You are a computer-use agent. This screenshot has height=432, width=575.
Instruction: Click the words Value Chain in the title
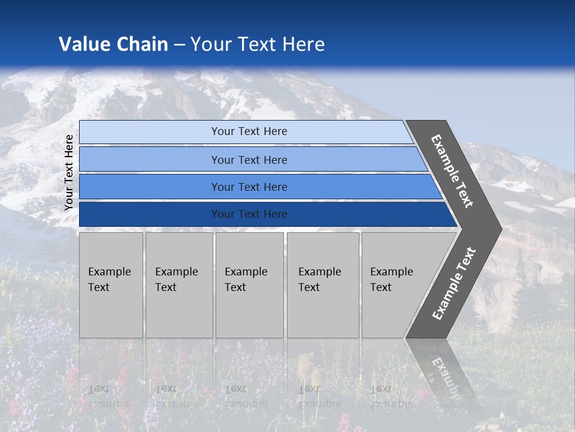[113, 44]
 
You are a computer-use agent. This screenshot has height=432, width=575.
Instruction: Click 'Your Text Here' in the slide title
[258, 44]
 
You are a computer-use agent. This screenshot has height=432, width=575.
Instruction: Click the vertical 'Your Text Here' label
[69, 172]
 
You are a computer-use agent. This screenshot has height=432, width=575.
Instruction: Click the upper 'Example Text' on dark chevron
[452, 171]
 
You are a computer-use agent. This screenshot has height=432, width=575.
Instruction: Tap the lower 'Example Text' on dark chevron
[454, 283]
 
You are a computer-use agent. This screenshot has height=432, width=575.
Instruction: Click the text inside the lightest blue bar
[249, 131]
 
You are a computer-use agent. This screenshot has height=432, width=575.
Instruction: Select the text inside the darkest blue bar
[249, 214]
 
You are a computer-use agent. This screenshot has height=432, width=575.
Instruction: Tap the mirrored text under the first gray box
[110, 396]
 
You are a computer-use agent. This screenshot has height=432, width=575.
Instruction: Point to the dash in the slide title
[179, 45]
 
